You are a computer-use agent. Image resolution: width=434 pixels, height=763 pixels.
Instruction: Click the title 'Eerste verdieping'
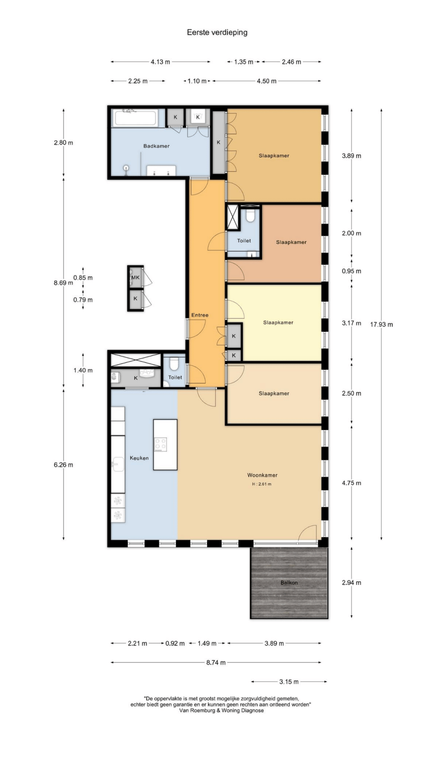pos(217,33)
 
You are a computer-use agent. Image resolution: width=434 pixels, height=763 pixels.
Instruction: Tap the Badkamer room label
pos(157,146)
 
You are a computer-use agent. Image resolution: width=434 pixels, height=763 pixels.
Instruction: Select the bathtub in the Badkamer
pos(136,118)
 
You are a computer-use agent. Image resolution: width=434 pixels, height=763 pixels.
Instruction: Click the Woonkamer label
pos(262,475)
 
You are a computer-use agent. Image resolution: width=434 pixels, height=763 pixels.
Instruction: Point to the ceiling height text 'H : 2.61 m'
pos(262,484)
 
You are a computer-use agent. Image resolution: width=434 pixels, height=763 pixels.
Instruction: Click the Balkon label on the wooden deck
pos(289,583)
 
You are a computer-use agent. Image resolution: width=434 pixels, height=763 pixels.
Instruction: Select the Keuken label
pos(139,458)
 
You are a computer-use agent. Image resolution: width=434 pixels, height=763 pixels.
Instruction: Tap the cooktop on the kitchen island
pos(160,445)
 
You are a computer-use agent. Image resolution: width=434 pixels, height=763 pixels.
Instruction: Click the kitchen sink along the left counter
pos(118,464)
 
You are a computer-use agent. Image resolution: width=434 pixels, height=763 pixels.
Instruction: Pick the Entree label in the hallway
pos(200,315)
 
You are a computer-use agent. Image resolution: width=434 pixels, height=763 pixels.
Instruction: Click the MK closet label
pos(135,277)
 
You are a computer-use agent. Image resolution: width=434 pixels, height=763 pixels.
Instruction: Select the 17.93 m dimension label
pos(381,325)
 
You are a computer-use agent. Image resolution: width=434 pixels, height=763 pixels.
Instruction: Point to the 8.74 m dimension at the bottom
pos(216,663)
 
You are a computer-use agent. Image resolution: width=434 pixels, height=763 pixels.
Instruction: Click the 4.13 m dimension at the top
pos(160,62)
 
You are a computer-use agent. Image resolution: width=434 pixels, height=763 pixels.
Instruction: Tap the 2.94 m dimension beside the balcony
pos(352,583)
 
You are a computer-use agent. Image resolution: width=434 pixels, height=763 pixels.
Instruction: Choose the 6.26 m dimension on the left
pos(63,465)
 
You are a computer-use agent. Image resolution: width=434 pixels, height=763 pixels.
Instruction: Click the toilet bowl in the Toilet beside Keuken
pos(174,363)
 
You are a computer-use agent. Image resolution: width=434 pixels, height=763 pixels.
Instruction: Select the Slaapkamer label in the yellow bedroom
pos(278,322)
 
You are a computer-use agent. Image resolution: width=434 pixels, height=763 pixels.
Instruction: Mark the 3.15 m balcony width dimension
pos(289,682)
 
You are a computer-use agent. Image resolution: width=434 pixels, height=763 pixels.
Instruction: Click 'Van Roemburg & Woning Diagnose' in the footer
pos(222,710)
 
